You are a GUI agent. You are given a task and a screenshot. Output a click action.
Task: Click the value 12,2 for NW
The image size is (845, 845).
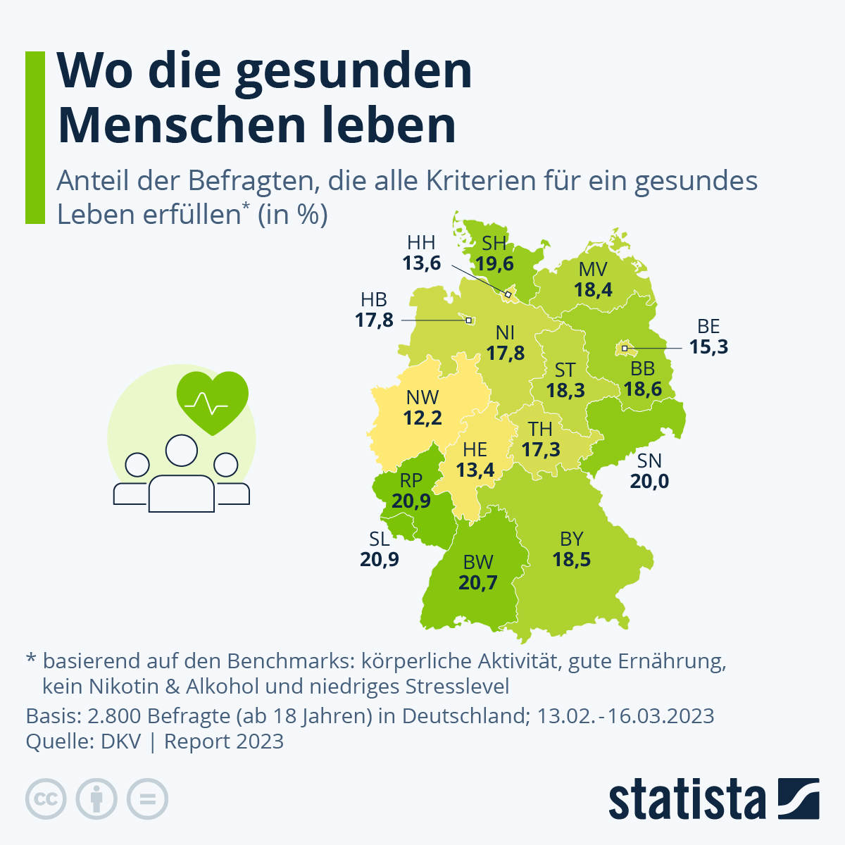(423, 418)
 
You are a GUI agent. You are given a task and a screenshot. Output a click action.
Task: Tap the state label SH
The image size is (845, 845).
(494, 244)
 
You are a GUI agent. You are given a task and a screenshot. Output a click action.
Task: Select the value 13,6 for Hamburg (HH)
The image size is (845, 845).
(421, 263)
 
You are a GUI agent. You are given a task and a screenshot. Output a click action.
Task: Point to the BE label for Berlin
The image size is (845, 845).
(708, 327)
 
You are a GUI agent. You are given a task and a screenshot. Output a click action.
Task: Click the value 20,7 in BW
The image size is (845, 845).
(478, 583)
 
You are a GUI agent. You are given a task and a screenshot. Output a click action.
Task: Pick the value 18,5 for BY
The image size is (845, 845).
(571, 560)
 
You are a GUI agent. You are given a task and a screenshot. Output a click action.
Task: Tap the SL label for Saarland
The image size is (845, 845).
(379, 539)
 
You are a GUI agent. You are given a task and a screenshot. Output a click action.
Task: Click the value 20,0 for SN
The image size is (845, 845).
(649, 482)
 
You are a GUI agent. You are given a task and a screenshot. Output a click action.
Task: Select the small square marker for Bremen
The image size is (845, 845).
(468, 321)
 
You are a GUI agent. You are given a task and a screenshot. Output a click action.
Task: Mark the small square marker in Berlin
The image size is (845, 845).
(625, 348)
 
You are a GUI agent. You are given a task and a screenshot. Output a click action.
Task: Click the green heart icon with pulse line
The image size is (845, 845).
(212, 401)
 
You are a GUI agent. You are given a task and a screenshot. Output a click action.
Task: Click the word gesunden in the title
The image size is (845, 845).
(353, 71)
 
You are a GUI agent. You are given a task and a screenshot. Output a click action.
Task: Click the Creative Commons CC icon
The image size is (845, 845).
(46, 799)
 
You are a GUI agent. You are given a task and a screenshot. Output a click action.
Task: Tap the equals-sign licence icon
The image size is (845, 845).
(147, 799)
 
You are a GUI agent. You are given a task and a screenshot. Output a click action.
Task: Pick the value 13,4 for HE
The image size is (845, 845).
(475, 470)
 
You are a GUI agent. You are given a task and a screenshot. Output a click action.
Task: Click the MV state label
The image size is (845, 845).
(593, 270)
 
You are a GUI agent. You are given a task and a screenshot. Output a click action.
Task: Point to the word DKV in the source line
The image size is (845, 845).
(121, 741)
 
